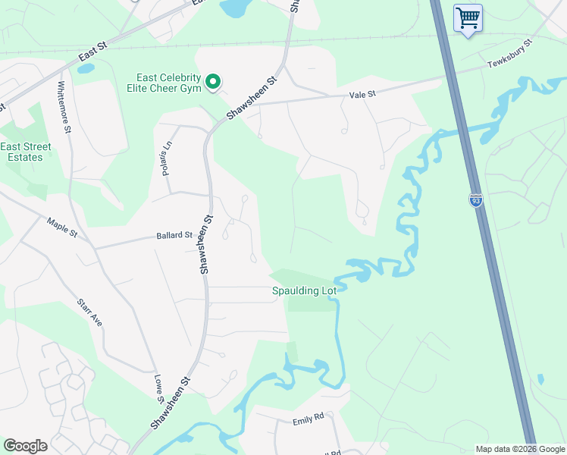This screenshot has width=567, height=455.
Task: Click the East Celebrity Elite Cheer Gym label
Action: (168, 83)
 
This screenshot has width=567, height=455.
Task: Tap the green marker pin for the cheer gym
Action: (214, 81)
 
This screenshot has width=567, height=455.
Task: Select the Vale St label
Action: (362, 93)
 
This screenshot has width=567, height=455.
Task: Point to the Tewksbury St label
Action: (510, 52)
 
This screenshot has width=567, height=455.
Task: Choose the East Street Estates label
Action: (26, 152)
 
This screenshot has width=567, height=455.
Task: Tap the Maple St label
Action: (62, 227)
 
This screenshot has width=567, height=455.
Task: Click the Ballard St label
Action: (174, 236)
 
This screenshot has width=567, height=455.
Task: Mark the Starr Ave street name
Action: (89, 312)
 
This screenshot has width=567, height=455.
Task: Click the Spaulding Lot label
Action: (304, 290)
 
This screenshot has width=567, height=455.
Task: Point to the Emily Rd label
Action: (309, 416)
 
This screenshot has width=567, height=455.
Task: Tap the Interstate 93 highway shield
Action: (475, 200)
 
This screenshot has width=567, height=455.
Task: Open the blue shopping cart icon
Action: (468, 17)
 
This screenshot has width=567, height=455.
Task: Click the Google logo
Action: (25, 446)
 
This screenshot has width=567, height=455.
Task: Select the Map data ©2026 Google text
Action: (519, 449)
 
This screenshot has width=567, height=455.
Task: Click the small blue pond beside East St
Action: (86, 68)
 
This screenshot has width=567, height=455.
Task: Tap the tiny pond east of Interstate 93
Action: (540, 378)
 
